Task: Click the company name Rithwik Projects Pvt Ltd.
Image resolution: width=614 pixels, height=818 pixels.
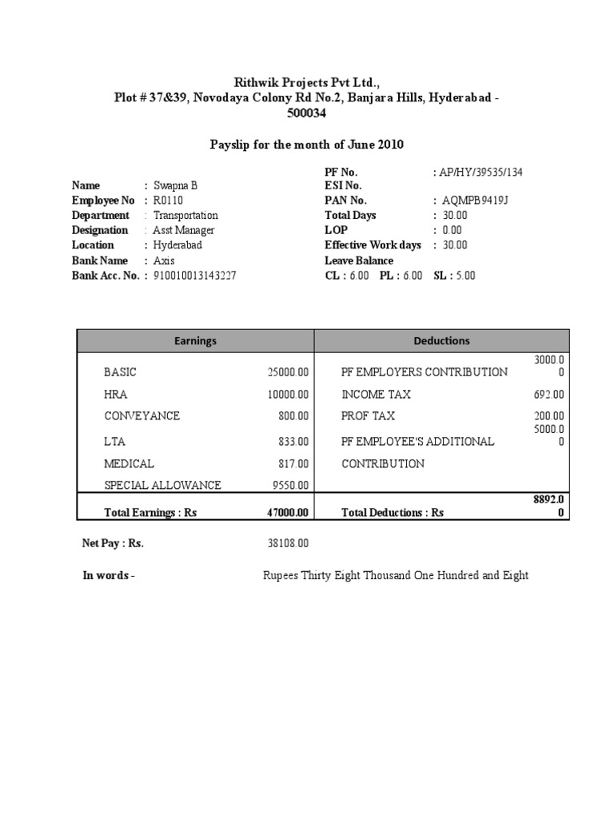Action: [307, 82]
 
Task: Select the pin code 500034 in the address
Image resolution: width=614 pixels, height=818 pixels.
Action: [307, 113]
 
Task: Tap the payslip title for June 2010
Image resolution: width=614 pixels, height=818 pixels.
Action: [307, 145]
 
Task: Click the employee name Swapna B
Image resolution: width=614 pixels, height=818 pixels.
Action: [175, 185]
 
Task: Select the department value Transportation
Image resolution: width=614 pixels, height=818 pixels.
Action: [185, 216]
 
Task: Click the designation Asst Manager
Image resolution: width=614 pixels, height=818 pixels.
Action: [184, 230]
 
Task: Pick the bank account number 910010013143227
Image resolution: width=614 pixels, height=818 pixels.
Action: [194, 276]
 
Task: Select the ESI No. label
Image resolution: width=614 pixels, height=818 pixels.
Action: [345, 185]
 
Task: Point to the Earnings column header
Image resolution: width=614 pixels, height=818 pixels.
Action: [195, 341]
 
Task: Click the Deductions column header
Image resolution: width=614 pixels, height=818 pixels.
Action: [441, 341]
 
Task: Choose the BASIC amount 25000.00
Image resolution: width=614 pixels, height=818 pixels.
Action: [288, 372]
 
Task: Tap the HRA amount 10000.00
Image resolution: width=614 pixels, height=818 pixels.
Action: [288, 395]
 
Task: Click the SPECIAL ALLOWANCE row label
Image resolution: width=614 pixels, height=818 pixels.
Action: [162, 485]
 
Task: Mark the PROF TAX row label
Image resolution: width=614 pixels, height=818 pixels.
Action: [369, 416]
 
